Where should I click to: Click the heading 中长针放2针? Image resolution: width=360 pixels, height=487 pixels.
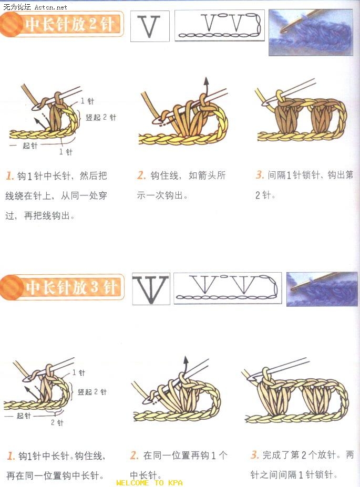tap(69, 24)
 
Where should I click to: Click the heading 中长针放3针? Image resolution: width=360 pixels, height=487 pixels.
tap(71, 287)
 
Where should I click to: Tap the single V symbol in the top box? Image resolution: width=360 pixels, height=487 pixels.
tap(149, 26)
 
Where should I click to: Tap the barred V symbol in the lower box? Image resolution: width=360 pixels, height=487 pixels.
tap(151, 289)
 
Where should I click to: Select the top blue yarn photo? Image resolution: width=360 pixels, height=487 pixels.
tap(311, 32)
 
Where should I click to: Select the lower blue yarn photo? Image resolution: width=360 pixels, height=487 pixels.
tap(322, 289)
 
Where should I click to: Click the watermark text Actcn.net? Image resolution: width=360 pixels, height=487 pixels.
tap(50, 6)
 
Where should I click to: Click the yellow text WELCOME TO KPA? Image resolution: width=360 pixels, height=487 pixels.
tap(149, 483)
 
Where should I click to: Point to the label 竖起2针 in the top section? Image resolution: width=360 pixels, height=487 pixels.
tap(100, 117)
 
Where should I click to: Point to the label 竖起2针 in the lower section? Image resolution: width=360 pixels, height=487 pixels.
tap(92, 392)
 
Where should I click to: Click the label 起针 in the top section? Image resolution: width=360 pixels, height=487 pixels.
tap(30, 146)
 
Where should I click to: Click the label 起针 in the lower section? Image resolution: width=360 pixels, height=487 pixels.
tap(24, 416)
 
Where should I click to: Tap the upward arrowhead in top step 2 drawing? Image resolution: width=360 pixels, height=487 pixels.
tap(206, 81)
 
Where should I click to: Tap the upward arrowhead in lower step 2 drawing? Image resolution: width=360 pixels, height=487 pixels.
tap(186, 360)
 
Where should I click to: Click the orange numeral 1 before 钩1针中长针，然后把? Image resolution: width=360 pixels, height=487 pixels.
tap(10, 176)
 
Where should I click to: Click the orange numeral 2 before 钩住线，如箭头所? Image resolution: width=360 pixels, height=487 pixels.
tap(141, 175)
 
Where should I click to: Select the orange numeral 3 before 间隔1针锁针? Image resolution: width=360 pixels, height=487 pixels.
tap(260, 174)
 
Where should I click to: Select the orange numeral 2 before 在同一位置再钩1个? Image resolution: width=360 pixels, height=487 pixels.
tap(134, 455)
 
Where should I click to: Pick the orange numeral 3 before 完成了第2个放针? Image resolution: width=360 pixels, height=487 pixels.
tap(255, 455)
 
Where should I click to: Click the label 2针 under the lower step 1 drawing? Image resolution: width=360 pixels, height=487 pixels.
tap(57, 423)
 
